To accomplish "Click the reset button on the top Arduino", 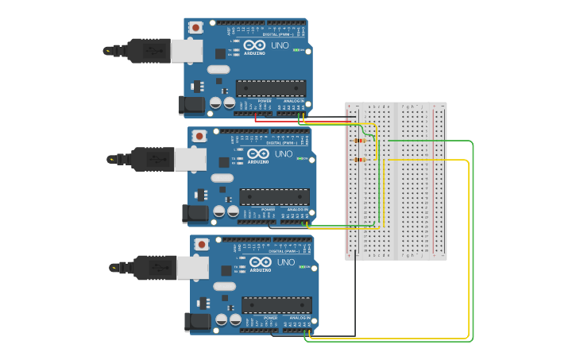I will click(x=195, y=28).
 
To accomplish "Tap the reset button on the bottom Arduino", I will click(x=202, y=244).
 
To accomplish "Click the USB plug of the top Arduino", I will click(x=151, y=51).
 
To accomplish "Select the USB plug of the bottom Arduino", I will click(x=157, y=268).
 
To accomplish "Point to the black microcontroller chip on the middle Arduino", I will click(x=275, y=196).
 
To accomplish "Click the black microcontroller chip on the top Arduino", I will click(x=271, y=87).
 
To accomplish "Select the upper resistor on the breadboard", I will click(x=361, y=141).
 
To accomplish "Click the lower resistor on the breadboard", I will click(x=361, y=160).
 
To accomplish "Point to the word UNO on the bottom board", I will click(x=285, y=262).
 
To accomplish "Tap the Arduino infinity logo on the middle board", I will click(x=258, y=153).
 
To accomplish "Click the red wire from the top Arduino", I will click(x=302, y=120).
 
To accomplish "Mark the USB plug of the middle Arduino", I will click(x=154, y=159).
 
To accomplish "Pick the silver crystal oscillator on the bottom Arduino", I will click(x=226, y=286).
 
